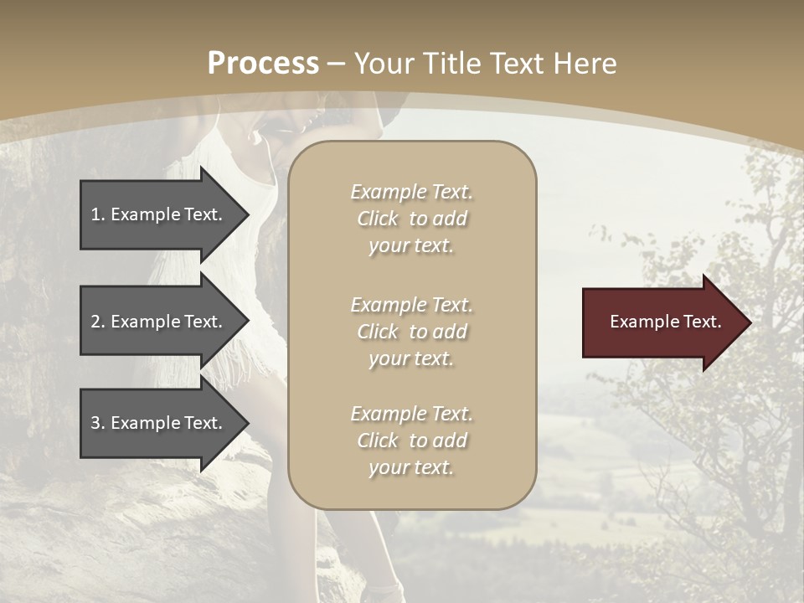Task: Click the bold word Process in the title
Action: [x=263, y=64]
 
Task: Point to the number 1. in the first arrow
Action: [x=98, y=214]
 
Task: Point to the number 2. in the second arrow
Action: [x=98, y=322]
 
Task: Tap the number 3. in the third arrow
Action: [x=98, y=423]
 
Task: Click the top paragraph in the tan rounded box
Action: [x=411, y=219]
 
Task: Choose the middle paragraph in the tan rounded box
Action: [x=411, y=332]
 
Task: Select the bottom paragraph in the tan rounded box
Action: [x=411, y=441]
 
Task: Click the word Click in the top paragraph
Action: [x=378, y=219]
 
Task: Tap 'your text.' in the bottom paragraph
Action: [x=411, y=467]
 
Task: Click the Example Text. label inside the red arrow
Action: [x=665, y=322]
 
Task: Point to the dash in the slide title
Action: [x=337, y=64]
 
